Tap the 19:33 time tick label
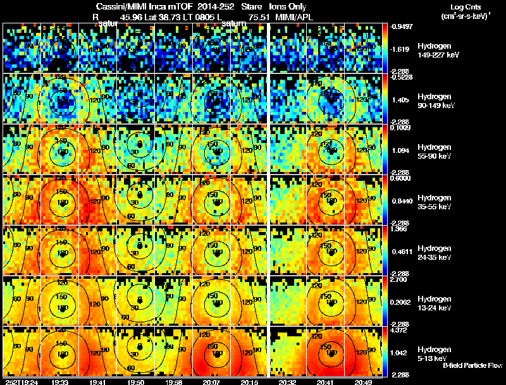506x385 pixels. pyautogui.click(x=61, y=382)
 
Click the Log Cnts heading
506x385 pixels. pyautogui.click(x=464, y=6)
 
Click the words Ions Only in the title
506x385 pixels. pyautogui.click(x=288, y=7)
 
